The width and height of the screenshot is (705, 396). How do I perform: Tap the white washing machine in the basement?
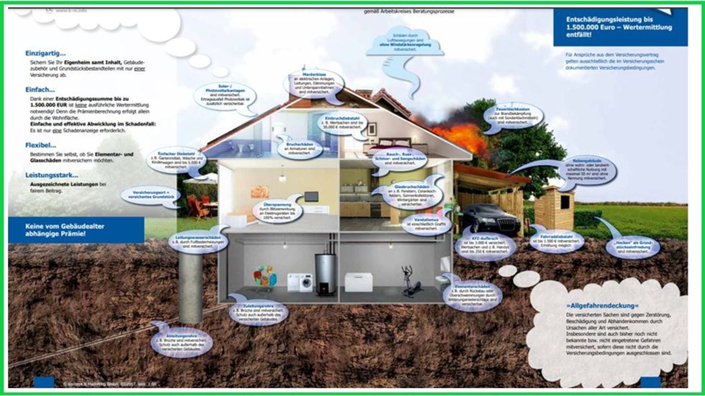(x=300, y=282)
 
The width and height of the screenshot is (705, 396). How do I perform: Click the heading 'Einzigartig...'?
(x=45, y=53)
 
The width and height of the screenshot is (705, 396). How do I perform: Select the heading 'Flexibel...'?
(x=41, y=145)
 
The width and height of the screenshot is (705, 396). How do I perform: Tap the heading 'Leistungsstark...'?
(x=52, y=175)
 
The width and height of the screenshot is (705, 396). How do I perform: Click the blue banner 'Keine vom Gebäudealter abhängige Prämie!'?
(x=76, y=230)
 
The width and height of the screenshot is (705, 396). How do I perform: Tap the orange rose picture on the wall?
(x=260, y=192)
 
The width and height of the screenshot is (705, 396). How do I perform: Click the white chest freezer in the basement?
(x=358, y=282)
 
